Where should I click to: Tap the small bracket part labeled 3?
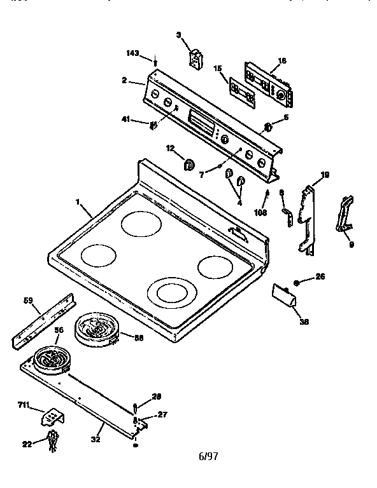click(196, 57)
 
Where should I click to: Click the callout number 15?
click(217, 68)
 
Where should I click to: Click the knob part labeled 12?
click(190, 165)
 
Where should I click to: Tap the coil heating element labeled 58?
click(95, 331)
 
